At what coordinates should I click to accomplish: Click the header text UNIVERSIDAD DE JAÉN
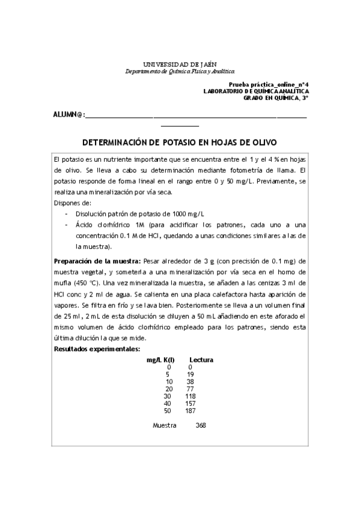coord(180,64)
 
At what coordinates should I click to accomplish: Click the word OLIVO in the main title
coord(262,143)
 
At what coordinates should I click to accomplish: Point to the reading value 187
coord(191,411)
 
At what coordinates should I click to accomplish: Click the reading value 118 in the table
coord(191,396)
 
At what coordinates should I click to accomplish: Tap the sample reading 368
coord(201,426)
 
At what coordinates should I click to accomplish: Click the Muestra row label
coord(165,426)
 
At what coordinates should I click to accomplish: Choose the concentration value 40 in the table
coord(168,404)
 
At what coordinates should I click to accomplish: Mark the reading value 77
coord(190,389)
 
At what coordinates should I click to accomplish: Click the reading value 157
coord(191,404)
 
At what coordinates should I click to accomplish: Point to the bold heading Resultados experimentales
coord(97,349)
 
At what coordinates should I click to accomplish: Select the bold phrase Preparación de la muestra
coord(97,261)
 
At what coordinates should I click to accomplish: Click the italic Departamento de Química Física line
coord(180,71)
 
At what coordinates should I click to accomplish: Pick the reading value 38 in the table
coord(190,381)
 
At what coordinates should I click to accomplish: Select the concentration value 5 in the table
coord(168,374)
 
